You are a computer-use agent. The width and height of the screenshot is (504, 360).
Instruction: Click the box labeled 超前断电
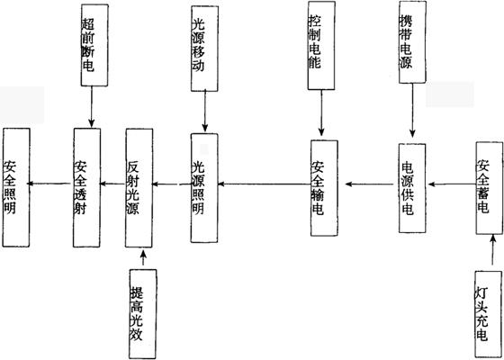(94, 45)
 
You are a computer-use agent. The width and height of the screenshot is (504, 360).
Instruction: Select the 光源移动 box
(204, 49)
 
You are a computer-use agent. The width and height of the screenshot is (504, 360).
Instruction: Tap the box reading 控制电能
(321, 45)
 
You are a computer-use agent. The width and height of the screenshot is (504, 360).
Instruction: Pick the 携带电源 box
(413, 42)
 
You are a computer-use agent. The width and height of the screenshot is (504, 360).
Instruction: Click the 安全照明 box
(16, 187)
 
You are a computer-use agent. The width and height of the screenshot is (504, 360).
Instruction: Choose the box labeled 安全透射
(86, 187)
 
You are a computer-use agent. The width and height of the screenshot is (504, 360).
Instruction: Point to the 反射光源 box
(139, 188)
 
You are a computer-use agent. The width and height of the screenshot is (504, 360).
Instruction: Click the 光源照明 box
(204, 188)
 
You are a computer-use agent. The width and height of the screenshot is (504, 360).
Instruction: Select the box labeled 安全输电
(324, 188)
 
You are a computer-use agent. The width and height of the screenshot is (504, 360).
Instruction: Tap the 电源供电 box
(412, 188)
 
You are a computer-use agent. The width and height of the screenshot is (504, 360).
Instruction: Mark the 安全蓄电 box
(490, 188)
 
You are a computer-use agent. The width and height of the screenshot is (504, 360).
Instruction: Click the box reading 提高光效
(143, 314)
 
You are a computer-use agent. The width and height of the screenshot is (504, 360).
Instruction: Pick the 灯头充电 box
(488, 314)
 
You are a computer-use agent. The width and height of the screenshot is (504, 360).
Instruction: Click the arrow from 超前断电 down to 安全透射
(92, 107)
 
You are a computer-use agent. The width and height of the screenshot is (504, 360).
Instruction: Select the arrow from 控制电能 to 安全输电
(321, 112)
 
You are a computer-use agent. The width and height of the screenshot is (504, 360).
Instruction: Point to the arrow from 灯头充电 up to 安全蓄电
(492, 250)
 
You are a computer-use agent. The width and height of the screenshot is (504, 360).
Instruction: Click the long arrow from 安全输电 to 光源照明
(265, 184)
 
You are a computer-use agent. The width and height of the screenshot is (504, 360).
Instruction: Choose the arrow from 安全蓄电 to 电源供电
(452, 184)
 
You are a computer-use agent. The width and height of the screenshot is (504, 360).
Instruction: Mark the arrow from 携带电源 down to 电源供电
(413, 111)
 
